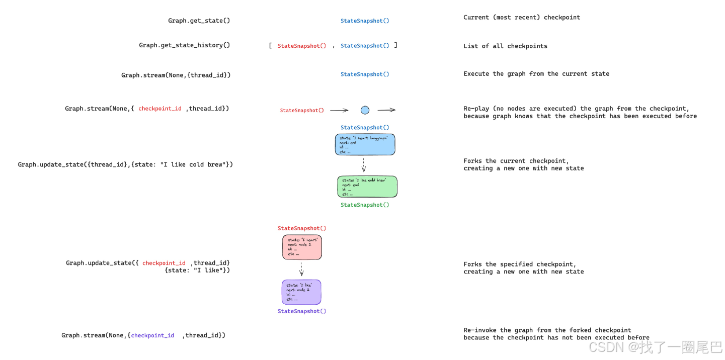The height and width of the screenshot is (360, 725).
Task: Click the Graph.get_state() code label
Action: point(199,21)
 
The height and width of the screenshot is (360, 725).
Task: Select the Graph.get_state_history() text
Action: point(184,45)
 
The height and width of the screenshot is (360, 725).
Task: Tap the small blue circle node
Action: point(365,110)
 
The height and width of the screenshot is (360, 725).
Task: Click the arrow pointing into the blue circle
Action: point(339,110)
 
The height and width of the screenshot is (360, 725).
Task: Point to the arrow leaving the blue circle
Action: point(386,110)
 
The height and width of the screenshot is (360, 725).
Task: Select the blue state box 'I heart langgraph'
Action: point(365,144)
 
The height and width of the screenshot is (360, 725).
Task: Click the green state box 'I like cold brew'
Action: point(367,187)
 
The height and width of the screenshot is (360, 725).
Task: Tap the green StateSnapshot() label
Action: point(365,205)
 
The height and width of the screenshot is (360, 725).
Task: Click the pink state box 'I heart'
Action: point(302,247)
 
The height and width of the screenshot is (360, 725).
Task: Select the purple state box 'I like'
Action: point(301,292)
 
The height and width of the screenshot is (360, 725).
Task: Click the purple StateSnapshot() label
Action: point(302,311)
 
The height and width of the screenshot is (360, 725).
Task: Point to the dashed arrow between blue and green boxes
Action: point(364,165)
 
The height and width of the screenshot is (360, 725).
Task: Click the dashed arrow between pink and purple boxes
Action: point(301,269)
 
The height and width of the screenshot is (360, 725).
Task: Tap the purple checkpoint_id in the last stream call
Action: point(152,335)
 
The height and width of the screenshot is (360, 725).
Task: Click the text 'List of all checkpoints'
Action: point(505,46)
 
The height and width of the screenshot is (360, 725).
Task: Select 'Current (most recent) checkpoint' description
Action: point(521,18)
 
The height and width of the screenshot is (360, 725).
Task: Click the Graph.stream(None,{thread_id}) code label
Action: point(176,75)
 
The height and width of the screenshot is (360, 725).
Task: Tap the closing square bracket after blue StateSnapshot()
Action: point(396,45)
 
